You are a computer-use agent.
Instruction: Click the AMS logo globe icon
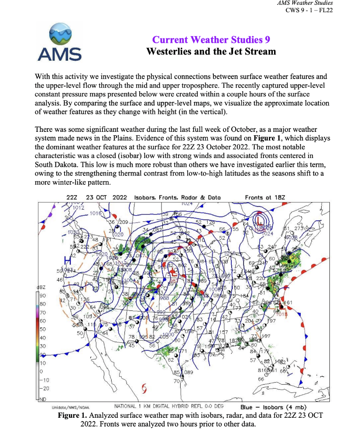[x=60, y=34]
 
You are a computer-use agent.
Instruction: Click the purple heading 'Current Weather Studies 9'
[x=211, y=40]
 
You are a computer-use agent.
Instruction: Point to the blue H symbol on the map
[x=68, y=260]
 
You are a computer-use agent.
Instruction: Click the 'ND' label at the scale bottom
[x=43, y=399]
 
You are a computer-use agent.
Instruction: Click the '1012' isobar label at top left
[x=78, y=208]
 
